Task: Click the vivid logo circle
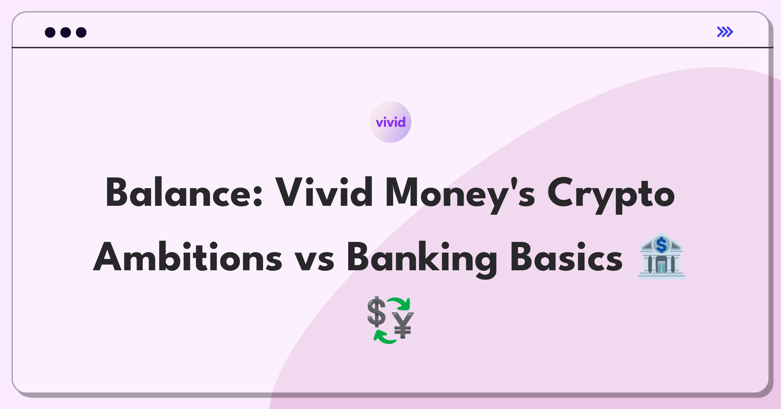pyautogui.click(x=390, y=122)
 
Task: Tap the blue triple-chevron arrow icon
pyautogui.click(x=725, y=32)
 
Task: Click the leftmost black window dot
pyautogui.click(x=50, y=32)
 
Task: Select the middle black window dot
pyautogui.click(x=66, y=32)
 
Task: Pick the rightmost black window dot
pyautogui.click(x=81, y=32)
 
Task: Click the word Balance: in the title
pyautogui.click(x=184, y=192)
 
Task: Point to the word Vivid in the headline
pyautogui.click(x=324, y=192)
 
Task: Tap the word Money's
pyautogui.click(x=460, y=195)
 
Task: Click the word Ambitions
pyautogui.click(x=188, y=257)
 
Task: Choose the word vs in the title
pyautogui.click(x=314, y=261)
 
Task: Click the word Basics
pyautogui.click(x=566, y=257)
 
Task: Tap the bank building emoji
pyautogui.click(x=661, y=256)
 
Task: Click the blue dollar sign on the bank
pyautogui.click(x=661, y=245)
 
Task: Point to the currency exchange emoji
pyautogui.click(x=390, y=320)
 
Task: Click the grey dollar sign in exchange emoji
pyautogui.click(x=377, y=312)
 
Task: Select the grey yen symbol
pyautogui.click(x=403, y=325)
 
